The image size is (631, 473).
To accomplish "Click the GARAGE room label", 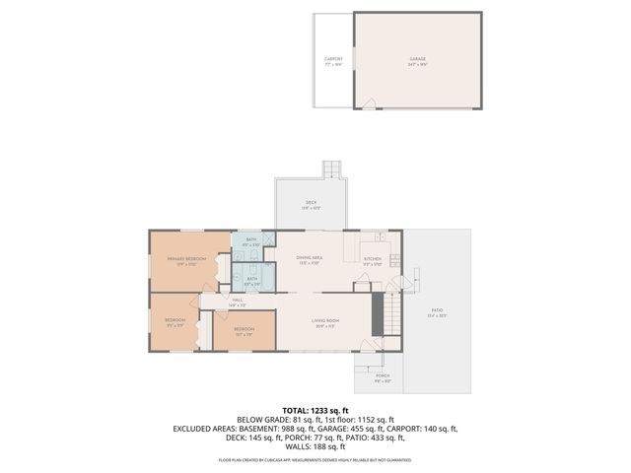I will (418, 59).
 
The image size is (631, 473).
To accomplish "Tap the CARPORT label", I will (334, 59).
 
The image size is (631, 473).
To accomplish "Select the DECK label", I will (311, 203).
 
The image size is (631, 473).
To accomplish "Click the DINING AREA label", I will (310, 259).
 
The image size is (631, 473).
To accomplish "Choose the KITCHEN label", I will (372, 261).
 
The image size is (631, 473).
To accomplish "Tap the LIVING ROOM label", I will (326, 321).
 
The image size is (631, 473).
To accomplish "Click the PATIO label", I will (437, 311).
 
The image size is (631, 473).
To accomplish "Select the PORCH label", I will (383, 375).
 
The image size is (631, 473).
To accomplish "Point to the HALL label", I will (238, 302).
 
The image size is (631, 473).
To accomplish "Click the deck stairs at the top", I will (334, 169).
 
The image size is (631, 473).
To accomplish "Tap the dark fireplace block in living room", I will (376, 313).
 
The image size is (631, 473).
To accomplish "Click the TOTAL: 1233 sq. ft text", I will (315, 410).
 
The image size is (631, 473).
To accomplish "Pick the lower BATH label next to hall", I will (251, 280).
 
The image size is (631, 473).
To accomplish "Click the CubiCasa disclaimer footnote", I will (315, 460).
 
